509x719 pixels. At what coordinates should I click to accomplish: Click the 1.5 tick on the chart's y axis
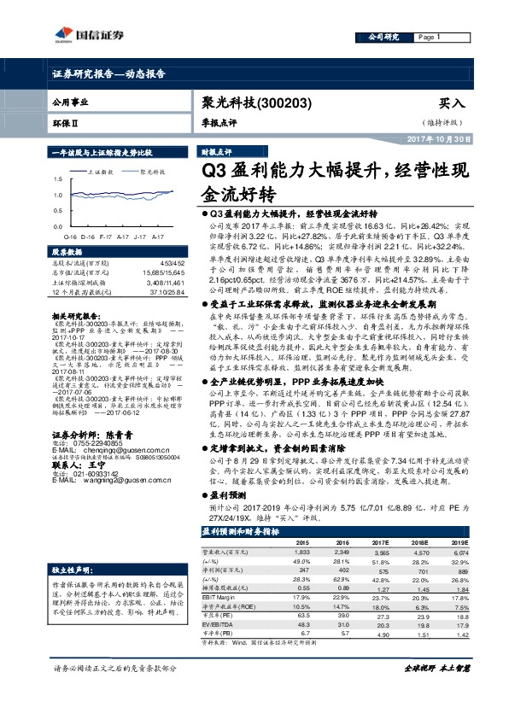point(57,180)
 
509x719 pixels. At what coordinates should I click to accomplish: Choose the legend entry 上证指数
point(102,171)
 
